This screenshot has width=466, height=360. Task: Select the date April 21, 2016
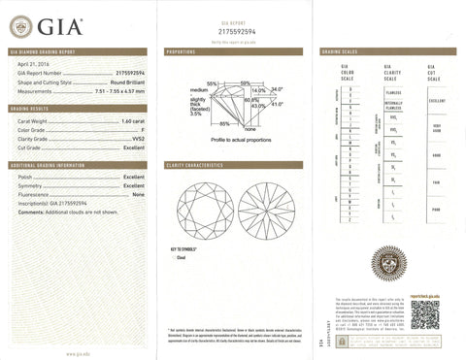pos(32,62)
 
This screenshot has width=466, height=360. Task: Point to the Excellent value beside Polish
pos(133,179)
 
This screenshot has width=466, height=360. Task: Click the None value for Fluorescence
pos(138,196)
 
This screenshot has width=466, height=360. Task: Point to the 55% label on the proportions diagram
pos(212,83)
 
